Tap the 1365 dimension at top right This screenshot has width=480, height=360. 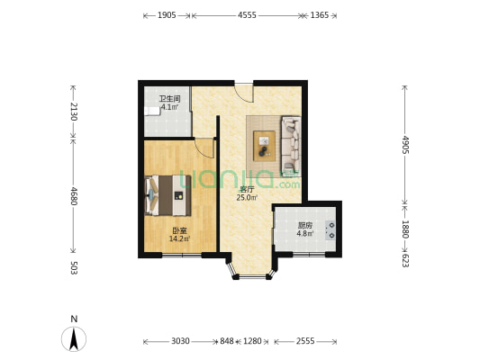click(319, 15)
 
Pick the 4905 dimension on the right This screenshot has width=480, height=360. click(405, 145)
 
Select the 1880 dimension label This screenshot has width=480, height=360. click(405, 229)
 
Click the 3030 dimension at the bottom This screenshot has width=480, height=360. click(180, 341)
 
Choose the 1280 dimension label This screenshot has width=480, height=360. click(252, 341)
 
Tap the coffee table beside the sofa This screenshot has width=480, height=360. click(265, 142)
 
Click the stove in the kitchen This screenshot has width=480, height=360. click(332, 229)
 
